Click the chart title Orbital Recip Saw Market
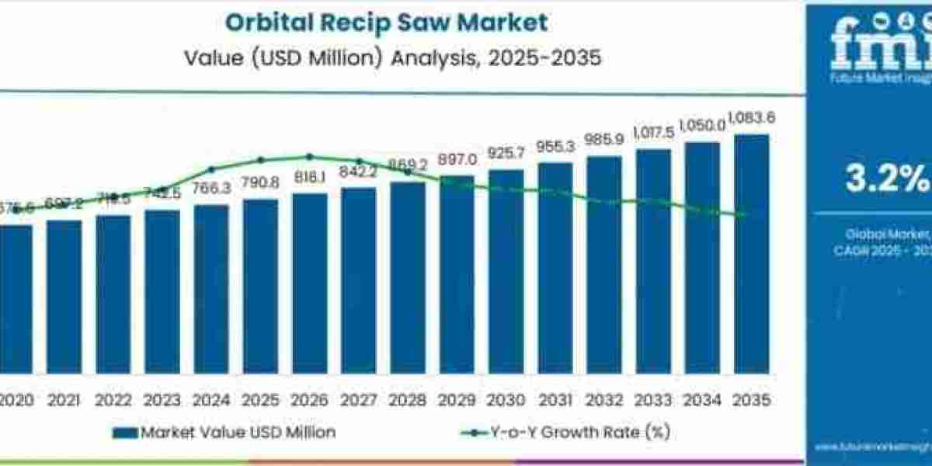(386, 23)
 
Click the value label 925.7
(506, 153)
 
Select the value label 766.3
(211, 189)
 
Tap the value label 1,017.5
(653, 131)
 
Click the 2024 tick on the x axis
(211, 400)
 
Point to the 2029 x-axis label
(457, 400)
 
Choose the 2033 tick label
(653, 400)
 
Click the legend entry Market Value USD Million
(224, 431)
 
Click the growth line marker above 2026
(310, 157)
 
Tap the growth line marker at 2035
(746, 215)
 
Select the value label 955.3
(555, 146)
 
